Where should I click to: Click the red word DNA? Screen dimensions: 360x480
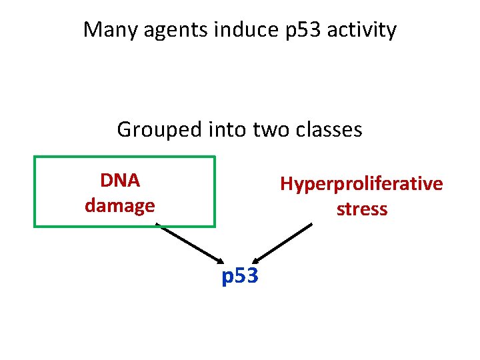(x=120, y=181)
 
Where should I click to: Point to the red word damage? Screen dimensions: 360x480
(x=120, y=205)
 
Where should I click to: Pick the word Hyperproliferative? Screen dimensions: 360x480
(x=361, y=184)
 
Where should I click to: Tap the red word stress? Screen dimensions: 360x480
(x=361, y=209)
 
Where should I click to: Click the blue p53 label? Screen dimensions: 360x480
(x=240, y=275)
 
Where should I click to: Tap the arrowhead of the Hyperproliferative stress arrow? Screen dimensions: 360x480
(x=258, y=260)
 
